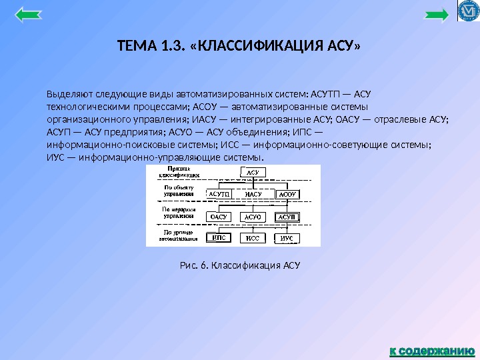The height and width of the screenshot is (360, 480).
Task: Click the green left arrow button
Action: [x=27, y=15]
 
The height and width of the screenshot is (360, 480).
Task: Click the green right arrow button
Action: [x=437, y=15]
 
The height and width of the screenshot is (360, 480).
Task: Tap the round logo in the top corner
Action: [x=469, y=11]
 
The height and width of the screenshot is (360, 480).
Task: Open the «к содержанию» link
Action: [x=431, y=349]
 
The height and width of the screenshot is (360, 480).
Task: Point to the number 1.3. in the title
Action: [x=171, y=47]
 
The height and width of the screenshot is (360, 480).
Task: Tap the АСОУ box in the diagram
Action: [x=287, y=194]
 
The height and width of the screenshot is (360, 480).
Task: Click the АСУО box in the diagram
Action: [x=253, y=217]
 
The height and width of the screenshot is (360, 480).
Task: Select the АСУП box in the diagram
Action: [x=287, y=217]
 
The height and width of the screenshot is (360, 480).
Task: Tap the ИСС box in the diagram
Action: [x=253, y=238]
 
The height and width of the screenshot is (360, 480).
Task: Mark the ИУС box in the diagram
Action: [x=287, y=238]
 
